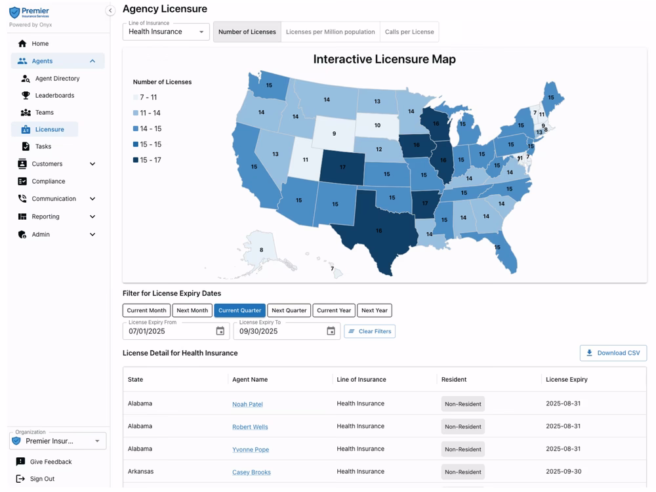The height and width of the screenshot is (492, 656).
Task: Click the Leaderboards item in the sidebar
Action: [54, 95]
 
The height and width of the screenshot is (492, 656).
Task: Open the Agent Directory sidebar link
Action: [57, 78]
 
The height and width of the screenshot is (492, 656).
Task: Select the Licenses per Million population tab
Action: [330, 31]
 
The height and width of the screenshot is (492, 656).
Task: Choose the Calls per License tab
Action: [409, 31]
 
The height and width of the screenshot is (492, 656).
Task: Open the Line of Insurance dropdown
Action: [166, 31]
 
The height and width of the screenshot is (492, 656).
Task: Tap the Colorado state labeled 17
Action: [342, 167]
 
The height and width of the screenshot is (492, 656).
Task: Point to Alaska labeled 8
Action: [261, 250]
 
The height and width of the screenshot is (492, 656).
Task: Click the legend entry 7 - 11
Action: [145, 97]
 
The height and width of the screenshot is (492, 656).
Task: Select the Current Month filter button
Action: [146, 310]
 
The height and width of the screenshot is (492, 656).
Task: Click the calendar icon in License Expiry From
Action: [220, 331]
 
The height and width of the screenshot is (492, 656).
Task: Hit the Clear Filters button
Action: [369, 331]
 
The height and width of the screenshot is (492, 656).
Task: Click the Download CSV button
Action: [613, 353]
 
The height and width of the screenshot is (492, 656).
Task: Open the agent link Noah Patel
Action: [247, 404]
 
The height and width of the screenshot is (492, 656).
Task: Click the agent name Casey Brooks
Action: [251, 472]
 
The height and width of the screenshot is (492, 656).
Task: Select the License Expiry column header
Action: [566, 379]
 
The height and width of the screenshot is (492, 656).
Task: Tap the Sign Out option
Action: [42, 479]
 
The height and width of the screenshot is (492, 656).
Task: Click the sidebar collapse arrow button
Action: [110, 10]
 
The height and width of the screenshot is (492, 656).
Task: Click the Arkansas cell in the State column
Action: [140, 472]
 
